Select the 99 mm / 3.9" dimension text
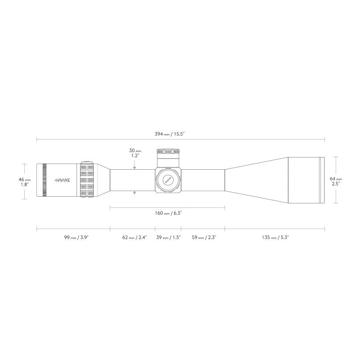[73, 237]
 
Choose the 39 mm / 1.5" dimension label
[168, 237]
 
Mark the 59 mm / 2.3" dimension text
[203, 237]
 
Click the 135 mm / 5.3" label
[275, 237]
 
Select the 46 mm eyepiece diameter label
[24, 181]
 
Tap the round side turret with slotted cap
[168, 180]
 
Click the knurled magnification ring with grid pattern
[86, 180]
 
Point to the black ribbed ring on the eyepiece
[44, 180]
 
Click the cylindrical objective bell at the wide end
[306, 180]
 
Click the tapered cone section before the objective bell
[256, 180]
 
